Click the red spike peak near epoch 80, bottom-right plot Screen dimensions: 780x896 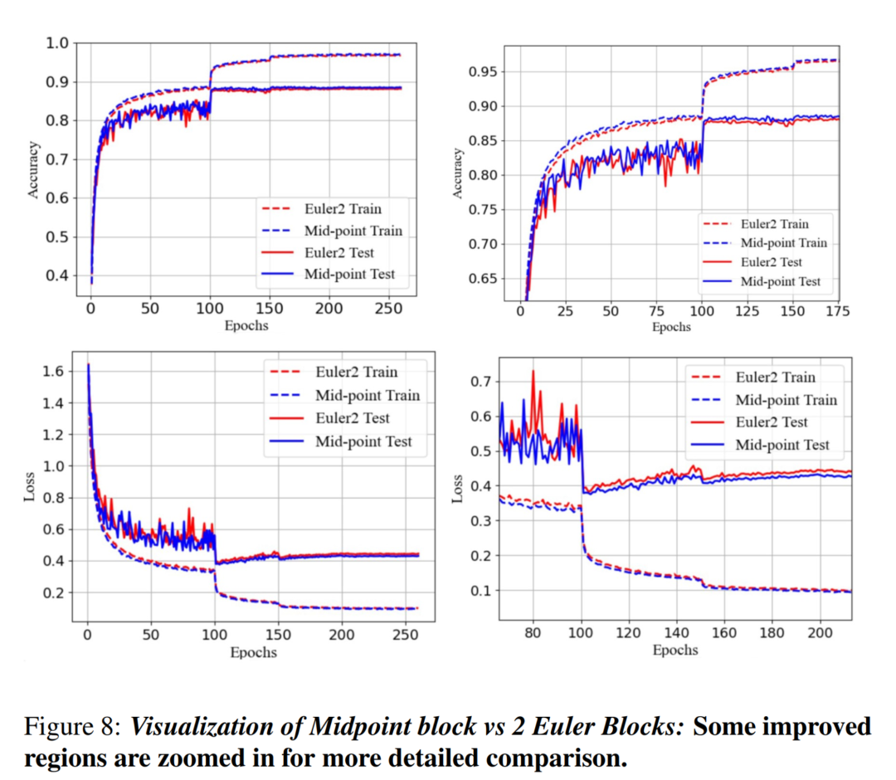(x=533, y=372)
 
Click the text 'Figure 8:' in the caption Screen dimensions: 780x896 (x=73, y=727)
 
